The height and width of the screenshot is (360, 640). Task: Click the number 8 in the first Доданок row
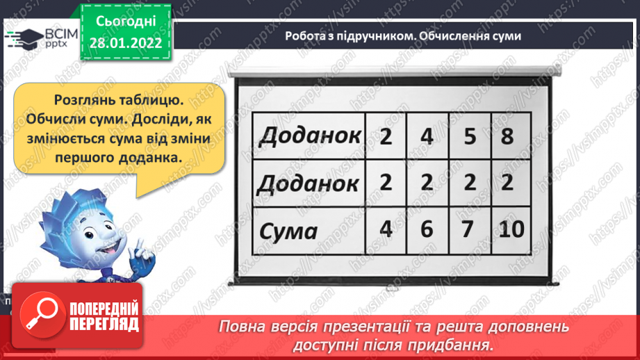507,136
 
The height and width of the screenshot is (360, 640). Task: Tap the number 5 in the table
470,136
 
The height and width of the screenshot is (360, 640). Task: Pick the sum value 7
470,229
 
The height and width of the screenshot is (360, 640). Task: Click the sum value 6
427,229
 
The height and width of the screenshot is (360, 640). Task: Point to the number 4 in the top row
427,136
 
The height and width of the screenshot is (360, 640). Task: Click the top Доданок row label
310,136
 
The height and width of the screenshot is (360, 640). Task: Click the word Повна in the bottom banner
244,326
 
